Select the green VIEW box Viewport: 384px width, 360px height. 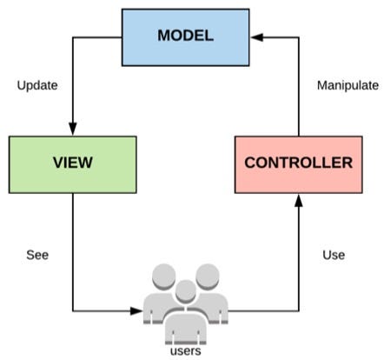click(x=73, y=163)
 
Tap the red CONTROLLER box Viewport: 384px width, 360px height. click(x=298, y=163)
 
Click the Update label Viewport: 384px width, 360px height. click(x=37, y=86)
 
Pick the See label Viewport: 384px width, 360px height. click(x=36, y=255)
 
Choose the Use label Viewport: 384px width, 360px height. click(x=334, y=255)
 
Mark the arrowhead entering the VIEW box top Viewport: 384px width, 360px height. click(x=73, y=130)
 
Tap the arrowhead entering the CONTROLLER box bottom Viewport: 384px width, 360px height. click(x=298, y=199)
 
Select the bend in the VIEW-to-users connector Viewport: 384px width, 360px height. click(x=73, y=310)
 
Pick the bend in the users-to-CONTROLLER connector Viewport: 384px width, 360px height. click(x=298, y=310)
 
